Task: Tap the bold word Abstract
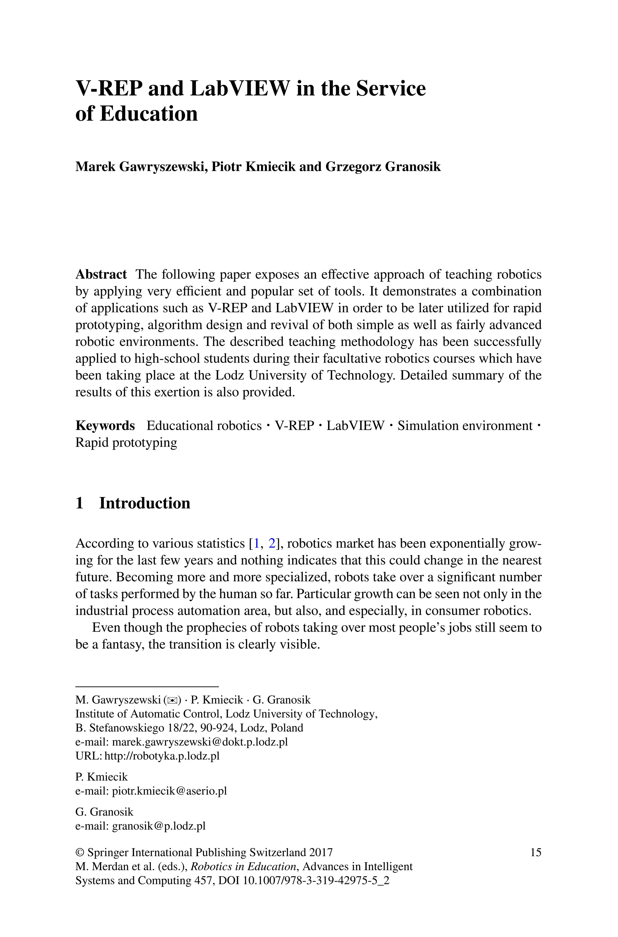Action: pyautogui.click(x=101, y=274)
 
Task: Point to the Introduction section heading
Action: pyautogui.click(x=144, y=503)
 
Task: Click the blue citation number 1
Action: pyautogui.click(x=256, y=543)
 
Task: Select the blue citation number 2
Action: pyautogui.click(x=272, y=543)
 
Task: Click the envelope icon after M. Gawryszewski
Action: pyautogui.click(x=172, y=700)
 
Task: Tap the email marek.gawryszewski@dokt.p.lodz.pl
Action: pyautogui.click(x=200, y=742)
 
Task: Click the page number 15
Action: pyautogui.click(x=536, y=853)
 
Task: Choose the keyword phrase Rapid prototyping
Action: pyautogui.click(x=126, y=442)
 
